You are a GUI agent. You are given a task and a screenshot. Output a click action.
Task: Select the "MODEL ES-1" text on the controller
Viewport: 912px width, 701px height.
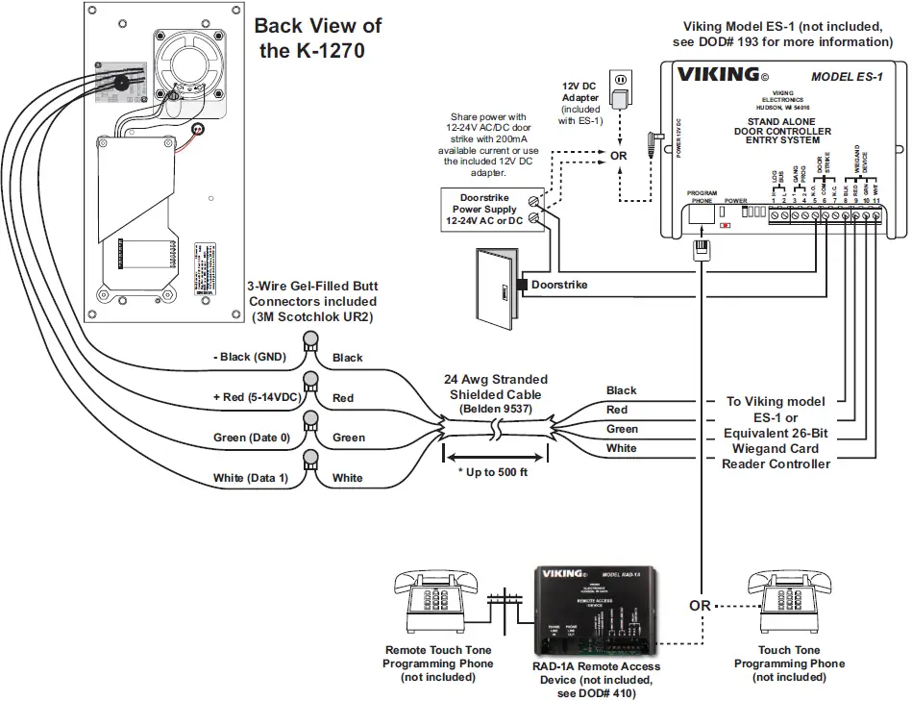point(847,77)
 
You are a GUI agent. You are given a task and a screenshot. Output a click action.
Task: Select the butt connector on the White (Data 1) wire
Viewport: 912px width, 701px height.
point(310,461)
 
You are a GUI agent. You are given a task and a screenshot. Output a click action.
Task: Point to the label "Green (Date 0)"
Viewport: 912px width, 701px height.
point(250,438)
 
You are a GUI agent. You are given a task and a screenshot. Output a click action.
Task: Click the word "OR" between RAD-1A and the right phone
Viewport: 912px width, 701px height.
point(700,606)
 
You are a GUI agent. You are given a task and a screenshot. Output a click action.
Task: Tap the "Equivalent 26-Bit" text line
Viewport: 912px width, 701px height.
point(776,433)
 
